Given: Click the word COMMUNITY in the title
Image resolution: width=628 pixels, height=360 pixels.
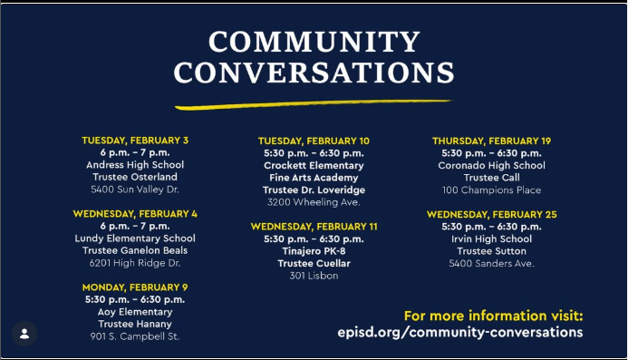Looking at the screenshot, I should (314, 42).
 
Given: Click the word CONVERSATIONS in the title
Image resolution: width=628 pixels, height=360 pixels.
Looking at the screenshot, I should (314, 73).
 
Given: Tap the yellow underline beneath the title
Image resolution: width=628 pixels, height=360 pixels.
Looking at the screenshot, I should (313, 104).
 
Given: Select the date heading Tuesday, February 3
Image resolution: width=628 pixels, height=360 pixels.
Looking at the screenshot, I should (135, 141).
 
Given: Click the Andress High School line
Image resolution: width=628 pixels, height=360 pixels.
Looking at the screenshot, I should (135, 165).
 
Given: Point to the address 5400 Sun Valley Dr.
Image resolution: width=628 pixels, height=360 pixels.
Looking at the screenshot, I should (135, 190).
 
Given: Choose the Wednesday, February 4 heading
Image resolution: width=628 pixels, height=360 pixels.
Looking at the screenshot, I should (135, 214).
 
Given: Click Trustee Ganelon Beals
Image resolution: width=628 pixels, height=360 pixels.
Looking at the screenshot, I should (135, 250).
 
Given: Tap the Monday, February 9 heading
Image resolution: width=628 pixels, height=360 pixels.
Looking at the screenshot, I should (135, 287).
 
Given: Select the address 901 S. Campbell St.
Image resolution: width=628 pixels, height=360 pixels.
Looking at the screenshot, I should (135, 336).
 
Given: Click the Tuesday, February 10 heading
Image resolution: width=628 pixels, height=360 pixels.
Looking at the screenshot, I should (314, 141).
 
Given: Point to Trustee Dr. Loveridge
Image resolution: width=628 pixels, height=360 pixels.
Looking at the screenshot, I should (314, 190).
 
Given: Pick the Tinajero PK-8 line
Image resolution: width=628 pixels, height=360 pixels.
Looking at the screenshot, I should (314, 251).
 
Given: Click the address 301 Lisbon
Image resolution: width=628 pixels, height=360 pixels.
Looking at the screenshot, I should (314, 276).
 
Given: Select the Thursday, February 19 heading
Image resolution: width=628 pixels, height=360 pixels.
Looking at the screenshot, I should (491, 141).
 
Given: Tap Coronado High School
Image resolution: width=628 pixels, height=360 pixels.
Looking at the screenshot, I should (491, 166).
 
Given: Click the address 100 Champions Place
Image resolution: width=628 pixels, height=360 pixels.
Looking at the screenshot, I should (491, 190).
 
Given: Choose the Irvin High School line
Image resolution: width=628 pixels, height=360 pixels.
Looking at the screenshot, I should (491, 238).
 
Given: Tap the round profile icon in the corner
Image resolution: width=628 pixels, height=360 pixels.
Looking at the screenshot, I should (24, 334).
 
